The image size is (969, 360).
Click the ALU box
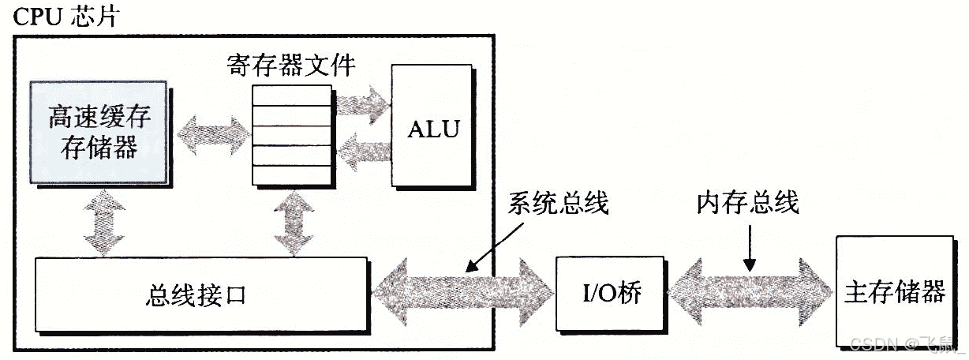[x=432, y=128]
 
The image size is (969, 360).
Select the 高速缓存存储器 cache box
[x=99, y=131]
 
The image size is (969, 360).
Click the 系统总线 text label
[x=559, y=203]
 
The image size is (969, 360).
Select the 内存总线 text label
[x=747, y=203]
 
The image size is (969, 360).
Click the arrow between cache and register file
[x=211, y=129]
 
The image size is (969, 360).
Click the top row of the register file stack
[x=291, y=95]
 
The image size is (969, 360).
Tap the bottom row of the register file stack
[x=291, y=176]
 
